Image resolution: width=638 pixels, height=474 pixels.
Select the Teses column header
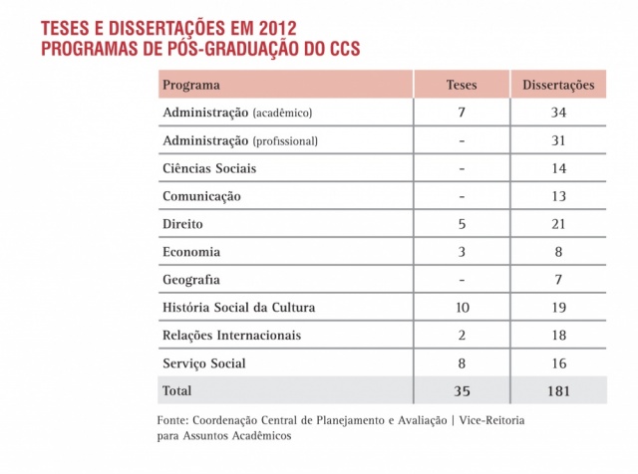pos(460,85)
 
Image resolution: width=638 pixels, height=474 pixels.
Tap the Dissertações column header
pos(558,85)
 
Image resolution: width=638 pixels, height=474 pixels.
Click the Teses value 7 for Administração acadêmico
pos(460,113)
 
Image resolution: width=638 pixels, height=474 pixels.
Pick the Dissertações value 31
pos(558,140)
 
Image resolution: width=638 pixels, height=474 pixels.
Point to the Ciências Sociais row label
pos(208,168)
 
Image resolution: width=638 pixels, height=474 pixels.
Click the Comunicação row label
pos(201,196)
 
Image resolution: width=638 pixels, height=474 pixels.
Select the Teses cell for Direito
pos(460,224)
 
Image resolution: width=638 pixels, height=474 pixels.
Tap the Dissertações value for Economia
pos(558,252)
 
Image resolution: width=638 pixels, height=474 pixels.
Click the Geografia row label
pos(191,280)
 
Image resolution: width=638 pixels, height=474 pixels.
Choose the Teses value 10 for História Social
pos(460,308)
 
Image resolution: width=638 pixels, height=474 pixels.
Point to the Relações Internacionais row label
pos(231,336)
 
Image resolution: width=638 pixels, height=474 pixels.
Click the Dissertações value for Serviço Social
pos(558,363)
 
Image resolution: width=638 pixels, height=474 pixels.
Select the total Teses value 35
pos(460,391)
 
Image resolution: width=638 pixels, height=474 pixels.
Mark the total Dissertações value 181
pos(558,391)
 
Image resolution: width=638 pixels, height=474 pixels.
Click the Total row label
pos(177,391)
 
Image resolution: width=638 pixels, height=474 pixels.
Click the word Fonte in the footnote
pos(175,420)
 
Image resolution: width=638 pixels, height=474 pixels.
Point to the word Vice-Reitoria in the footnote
pos(491,420)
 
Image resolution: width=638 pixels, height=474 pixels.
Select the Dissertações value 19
pos(558,308)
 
